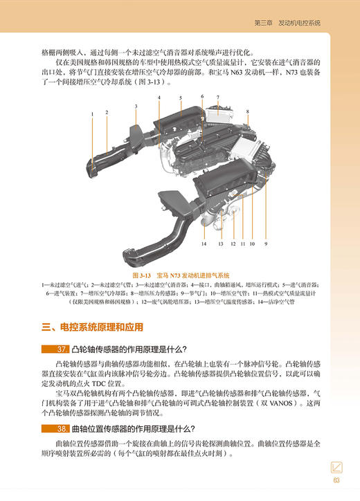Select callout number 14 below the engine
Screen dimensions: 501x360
(x=204, y=244)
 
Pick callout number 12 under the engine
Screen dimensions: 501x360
(x=233, y=244)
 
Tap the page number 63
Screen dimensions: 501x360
(x=336, y=482)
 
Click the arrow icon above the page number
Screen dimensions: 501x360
(x=336, y=468)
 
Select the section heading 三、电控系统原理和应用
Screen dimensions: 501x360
(x=97, y=327)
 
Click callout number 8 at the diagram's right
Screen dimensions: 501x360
(x=248, y=111)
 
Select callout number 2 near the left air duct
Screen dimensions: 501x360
(x=107, y=112)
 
